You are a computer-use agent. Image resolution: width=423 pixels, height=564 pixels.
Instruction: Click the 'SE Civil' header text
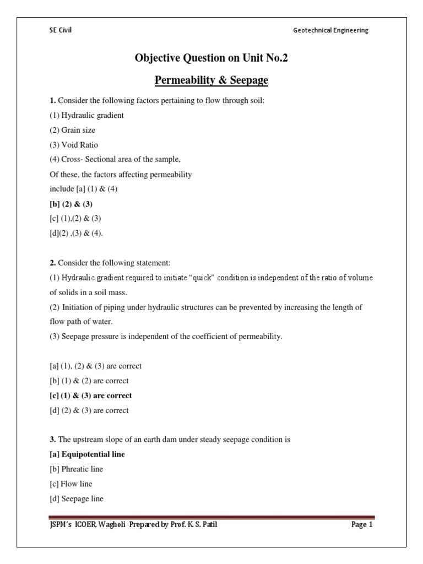61,30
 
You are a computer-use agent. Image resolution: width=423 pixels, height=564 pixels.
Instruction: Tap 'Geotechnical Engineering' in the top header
330,30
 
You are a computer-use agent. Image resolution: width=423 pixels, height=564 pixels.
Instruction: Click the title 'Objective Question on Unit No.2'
211,58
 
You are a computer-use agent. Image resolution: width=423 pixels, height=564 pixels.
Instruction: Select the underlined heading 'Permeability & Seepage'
211,80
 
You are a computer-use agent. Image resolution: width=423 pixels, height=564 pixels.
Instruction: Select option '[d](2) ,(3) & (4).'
76,233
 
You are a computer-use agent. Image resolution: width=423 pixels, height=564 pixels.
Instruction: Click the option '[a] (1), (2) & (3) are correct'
95,366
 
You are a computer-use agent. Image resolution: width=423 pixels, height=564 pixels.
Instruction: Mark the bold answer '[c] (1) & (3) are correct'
91,395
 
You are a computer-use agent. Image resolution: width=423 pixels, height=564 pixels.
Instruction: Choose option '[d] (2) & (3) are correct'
89,410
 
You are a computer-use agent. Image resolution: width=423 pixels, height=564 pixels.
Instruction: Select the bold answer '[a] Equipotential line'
87,454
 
